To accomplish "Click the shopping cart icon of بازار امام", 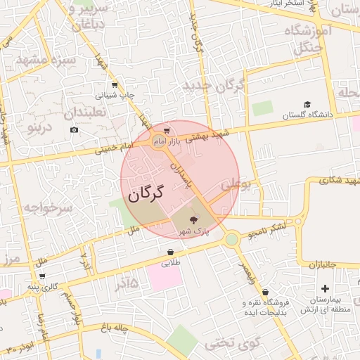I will pyautogui.click(x=166, y=130).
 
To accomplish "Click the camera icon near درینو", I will pyautogui.click(x=75, y=129).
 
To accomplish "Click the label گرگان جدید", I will pyautogui.click(x=213, y=86).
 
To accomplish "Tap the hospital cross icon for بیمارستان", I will pyautogui.click(x=324, y=288).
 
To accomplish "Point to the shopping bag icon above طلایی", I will pyautogui.click(x=171, y=252).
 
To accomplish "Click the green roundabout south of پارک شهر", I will pyautogui.click(x=231, y=240).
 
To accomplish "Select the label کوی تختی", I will pyautogui.click(x=233, y=344).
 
